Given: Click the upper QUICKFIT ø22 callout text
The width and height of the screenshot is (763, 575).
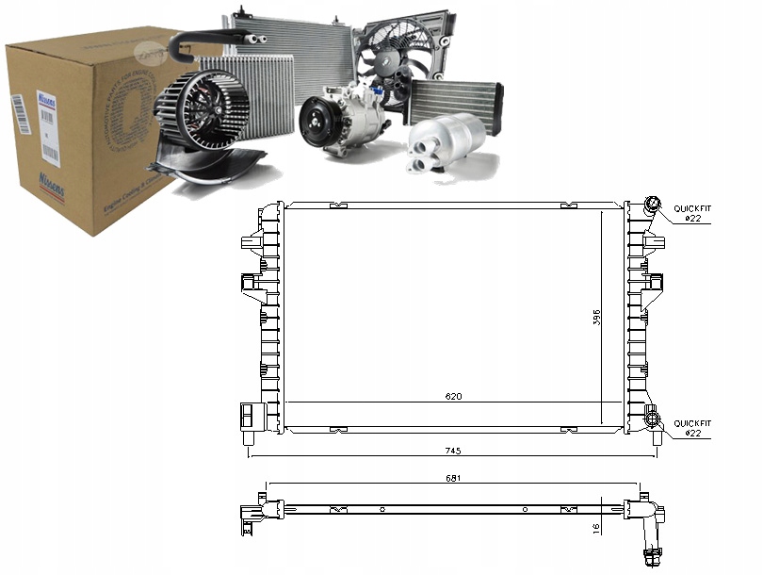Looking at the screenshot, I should click(692, 212).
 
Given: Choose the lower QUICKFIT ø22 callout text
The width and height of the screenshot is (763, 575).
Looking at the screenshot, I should click(692, 428).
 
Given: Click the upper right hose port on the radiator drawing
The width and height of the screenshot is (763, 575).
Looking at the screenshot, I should click(651, 206).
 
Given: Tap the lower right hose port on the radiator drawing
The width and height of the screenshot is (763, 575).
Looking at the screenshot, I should click(651, 418).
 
